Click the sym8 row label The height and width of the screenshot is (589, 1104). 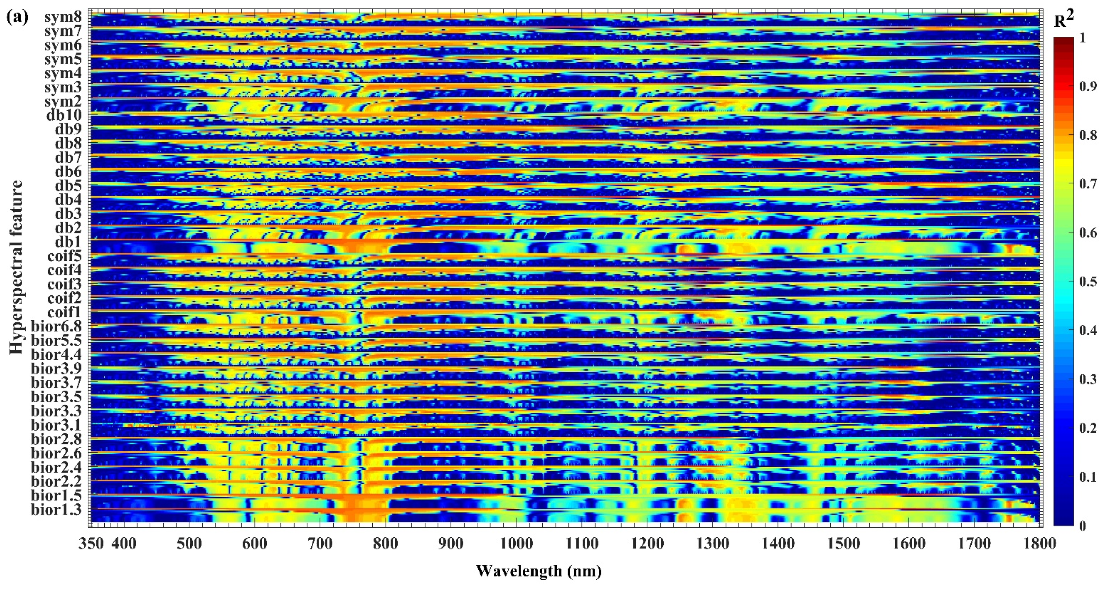click(63, 18)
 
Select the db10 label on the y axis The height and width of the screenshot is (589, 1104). click(64, 116)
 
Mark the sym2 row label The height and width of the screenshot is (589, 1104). click(63, 102)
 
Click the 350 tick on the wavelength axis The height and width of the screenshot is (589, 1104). click(91, 543)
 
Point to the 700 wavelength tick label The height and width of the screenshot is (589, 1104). click(320, 543)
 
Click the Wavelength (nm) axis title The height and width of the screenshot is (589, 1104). click(539, 571)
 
